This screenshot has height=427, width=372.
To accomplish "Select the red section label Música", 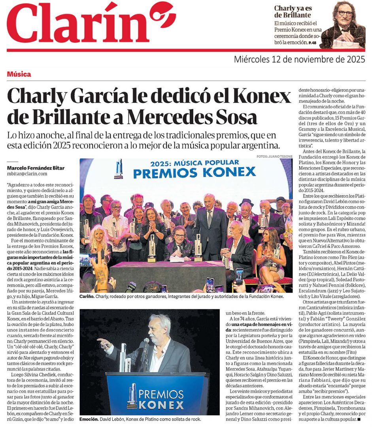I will (x=19, y=74).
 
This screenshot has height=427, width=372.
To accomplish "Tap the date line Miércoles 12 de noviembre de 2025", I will (x=299, y=60).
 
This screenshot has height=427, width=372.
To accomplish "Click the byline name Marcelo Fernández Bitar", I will (x=36, y=168).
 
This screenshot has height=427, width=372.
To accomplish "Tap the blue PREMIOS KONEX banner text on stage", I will (x=194, y=172).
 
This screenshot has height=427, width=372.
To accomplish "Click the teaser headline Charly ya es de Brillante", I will (x=293, y=11).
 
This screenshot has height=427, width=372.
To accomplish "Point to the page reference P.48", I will (x=313, y=42).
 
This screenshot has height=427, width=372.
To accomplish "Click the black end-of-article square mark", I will (x=359, y=419).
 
